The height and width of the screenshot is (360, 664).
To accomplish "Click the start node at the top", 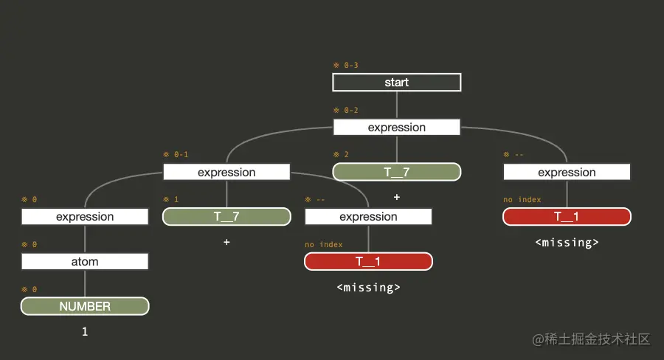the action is [396, 82].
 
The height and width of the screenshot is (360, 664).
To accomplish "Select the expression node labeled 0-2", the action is [396, 127].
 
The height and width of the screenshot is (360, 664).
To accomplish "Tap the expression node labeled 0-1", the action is [226, 172].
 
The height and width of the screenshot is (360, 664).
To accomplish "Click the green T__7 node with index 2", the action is [396, 172].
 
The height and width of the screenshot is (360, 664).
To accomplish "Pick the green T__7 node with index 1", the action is [226, 216].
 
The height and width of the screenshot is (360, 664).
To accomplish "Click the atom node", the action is [85, 261].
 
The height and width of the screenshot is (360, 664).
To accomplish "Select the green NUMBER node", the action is [85, 306].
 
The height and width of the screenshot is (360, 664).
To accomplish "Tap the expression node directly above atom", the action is [85, 216].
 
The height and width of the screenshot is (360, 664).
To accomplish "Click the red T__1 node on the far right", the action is [567, 216].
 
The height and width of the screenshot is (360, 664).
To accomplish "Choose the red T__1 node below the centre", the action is [368, 261].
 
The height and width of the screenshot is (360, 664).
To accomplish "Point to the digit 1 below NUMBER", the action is [85, 332].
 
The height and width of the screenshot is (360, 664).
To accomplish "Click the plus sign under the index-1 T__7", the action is [226, 242].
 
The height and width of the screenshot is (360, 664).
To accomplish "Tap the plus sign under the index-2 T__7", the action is [396, 197].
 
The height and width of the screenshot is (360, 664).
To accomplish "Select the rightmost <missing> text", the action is [567, 242].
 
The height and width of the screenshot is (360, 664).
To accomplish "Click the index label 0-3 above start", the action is [346, 66].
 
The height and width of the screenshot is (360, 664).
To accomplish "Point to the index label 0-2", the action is [346, 111].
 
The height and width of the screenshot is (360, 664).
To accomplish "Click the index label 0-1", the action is [176, 155].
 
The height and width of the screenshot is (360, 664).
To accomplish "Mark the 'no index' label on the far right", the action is [522, 199].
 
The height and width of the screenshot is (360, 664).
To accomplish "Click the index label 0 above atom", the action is [30, 244].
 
